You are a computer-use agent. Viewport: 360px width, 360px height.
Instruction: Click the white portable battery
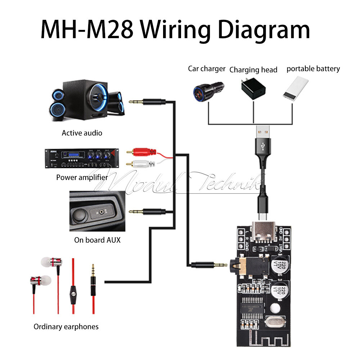[x=296, y=89]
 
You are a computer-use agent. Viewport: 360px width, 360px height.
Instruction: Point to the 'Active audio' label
[x=82, y=133]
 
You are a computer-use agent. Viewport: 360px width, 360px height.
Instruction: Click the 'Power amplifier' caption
[x=82, y=177]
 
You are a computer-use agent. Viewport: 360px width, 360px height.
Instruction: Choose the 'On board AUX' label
[x=97, y=240]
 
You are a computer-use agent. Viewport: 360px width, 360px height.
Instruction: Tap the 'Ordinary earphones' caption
[x=66, y=327]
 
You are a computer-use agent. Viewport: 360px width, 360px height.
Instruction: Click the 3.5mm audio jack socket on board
[x=248, y=265]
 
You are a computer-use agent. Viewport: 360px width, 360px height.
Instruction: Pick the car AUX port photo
[x=97, y=211]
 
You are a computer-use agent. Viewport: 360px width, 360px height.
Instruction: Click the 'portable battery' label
[x=313, y=69]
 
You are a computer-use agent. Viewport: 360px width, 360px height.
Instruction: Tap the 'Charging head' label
[x=253, y=70]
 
